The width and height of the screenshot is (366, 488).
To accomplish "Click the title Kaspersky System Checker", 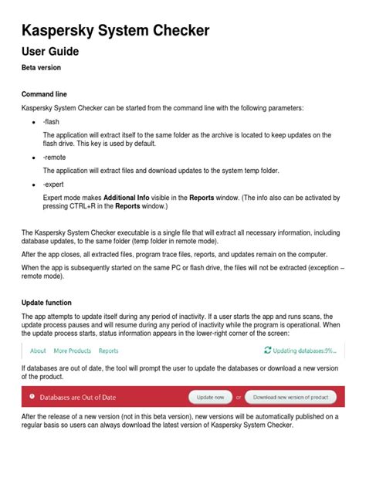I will click(x=115, y=31).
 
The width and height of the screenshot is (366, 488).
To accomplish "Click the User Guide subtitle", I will click(x=50, y=52).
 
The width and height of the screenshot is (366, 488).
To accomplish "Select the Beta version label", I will click(x=42, y=68).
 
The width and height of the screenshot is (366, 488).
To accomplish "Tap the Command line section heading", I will click(x=44, y=94).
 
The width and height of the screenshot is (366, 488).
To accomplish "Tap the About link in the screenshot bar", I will click(x=38, y=351).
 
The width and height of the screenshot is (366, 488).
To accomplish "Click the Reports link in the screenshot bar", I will click(x=109, y=351).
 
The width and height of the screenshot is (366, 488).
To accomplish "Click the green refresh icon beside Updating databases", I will click(x=268, y=351).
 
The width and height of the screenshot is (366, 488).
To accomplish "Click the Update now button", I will click(x=210, y=397).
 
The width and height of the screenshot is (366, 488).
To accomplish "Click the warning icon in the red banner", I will click(x=32, y=397).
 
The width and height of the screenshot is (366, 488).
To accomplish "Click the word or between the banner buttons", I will click(x=239, y=397).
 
